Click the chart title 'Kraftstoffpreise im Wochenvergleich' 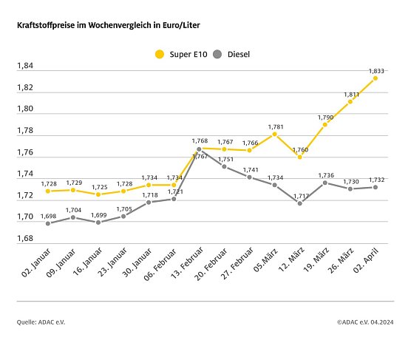[x=108, y=25]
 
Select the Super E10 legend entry [x=174, y=54]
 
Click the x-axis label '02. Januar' [x=34, y=268]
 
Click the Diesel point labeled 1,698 [x=48, y=223]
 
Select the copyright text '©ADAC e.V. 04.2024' [x=365, y=322]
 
